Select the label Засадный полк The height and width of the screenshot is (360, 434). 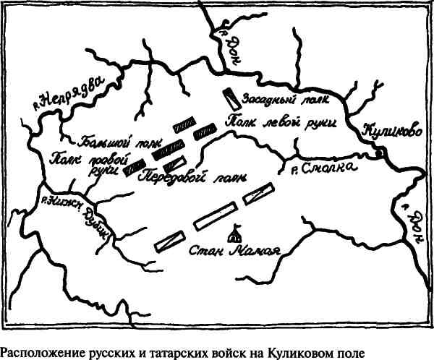pos(275,97)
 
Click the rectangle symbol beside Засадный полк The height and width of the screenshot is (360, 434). pos(230,100)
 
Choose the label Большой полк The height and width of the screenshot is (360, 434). pos(109,138)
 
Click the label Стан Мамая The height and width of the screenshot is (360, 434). pos(234,252)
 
